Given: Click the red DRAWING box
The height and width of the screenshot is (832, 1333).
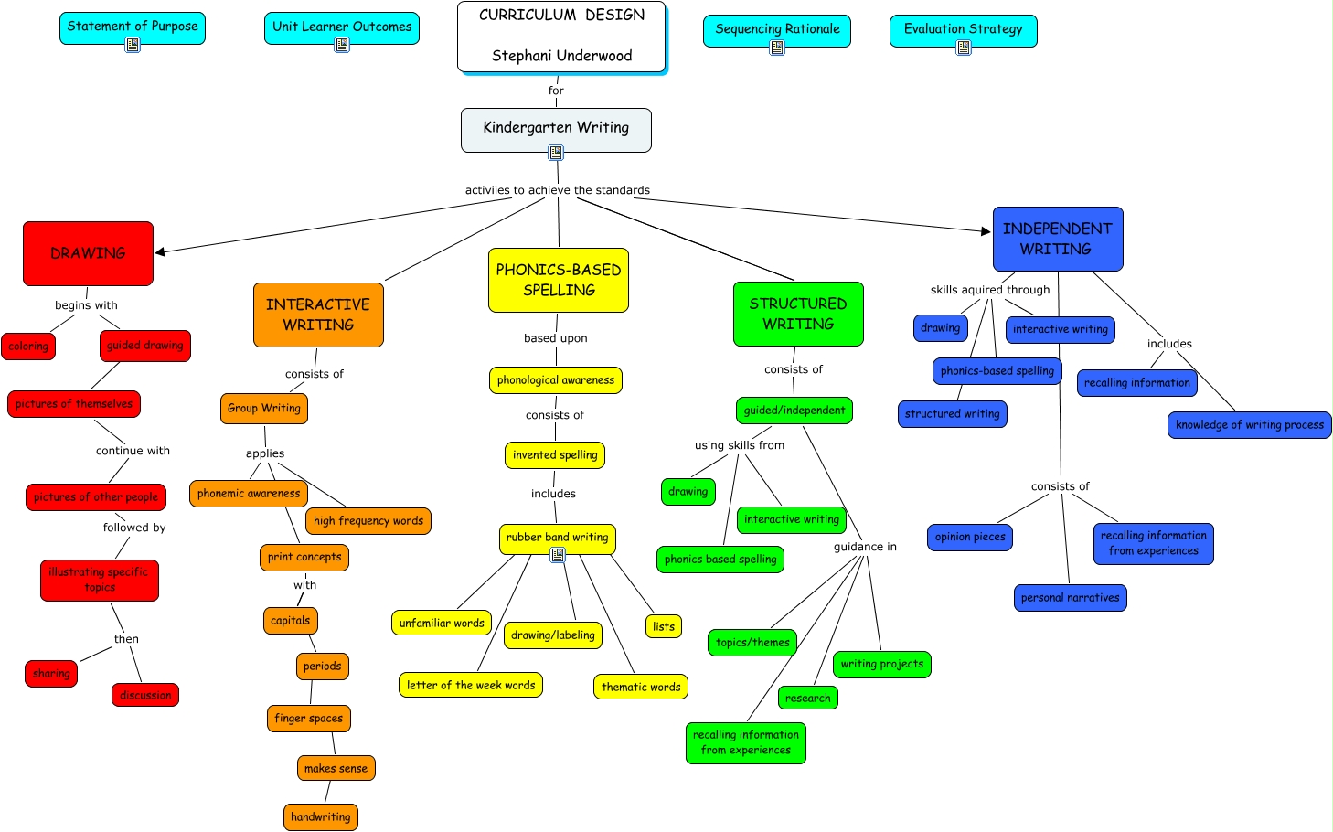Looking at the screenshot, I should tap(88, 253).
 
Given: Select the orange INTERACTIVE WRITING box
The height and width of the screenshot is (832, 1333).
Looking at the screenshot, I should tap(318, 315).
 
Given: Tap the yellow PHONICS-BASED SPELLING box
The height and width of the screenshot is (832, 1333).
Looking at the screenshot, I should tap(559, 280).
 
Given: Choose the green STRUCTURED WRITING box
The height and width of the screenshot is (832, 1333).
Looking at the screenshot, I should tap(798, 314).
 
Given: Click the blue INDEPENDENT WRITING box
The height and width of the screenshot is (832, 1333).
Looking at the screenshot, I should tap(1057, 239).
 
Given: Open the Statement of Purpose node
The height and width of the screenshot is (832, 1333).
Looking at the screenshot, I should tap(133, 27).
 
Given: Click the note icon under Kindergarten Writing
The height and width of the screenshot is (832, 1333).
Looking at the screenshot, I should tap(556, 153).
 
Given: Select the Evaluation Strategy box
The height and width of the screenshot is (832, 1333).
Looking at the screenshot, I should tap(963, 29).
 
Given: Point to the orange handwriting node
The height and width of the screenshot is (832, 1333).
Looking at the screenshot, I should tap(320, 816).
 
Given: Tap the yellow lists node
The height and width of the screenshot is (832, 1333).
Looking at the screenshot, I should tap(664, 626).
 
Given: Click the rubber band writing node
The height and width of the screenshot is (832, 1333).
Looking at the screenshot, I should tap(557, 538).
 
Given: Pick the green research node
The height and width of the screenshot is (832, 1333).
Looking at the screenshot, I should tap(807, 698).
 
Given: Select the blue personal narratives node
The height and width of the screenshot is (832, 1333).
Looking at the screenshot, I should tap(1070, 598).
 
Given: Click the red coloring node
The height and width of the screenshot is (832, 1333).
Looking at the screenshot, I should tap(28, 347).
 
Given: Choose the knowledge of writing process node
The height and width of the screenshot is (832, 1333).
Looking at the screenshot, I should tap(1249, 424).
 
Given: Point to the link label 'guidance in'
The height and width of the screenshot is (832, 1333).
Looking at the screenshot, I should tap(865, 547).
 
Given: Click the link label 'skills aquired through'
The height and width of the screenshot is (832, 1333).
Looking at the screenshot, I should tap(990, 290).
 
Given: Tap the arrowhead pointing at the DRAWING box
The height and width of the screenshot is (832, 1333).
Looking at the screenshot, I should tap(161, 251).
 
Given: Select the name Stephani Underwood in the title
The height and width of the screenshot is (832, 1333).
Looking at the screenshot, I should tap(561, 56).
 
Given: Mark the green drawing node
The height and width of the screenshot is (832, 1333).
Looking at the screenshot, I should tap(688, 492).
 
